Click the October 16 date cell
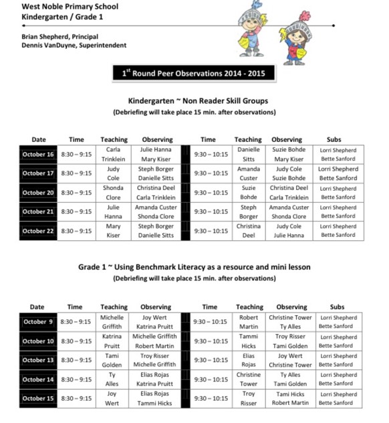click(37, 155)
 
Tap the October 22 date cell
click(37, 231)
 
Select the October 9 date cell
click(37, 322)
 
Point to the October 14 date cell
click(37, 379)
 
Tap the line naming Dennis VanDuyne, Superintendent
click(64, 46)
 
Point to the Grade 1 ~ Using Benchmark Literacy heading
click(194, 267)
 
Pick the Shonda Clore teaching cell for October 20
click(113, 193)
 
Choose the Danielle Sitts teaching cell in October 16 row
click(248, 155)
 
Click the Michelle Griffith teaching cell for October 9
click(112, 322)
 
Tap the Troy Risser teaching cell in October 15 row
click(248, 398)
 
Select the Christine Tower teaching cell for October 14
click(248, 379)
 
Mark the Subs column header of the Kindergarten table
click(338, 139)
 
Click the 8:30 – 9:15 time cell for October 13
click(76, 360)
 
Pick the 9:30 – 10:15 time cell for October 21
click(210, 211)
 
